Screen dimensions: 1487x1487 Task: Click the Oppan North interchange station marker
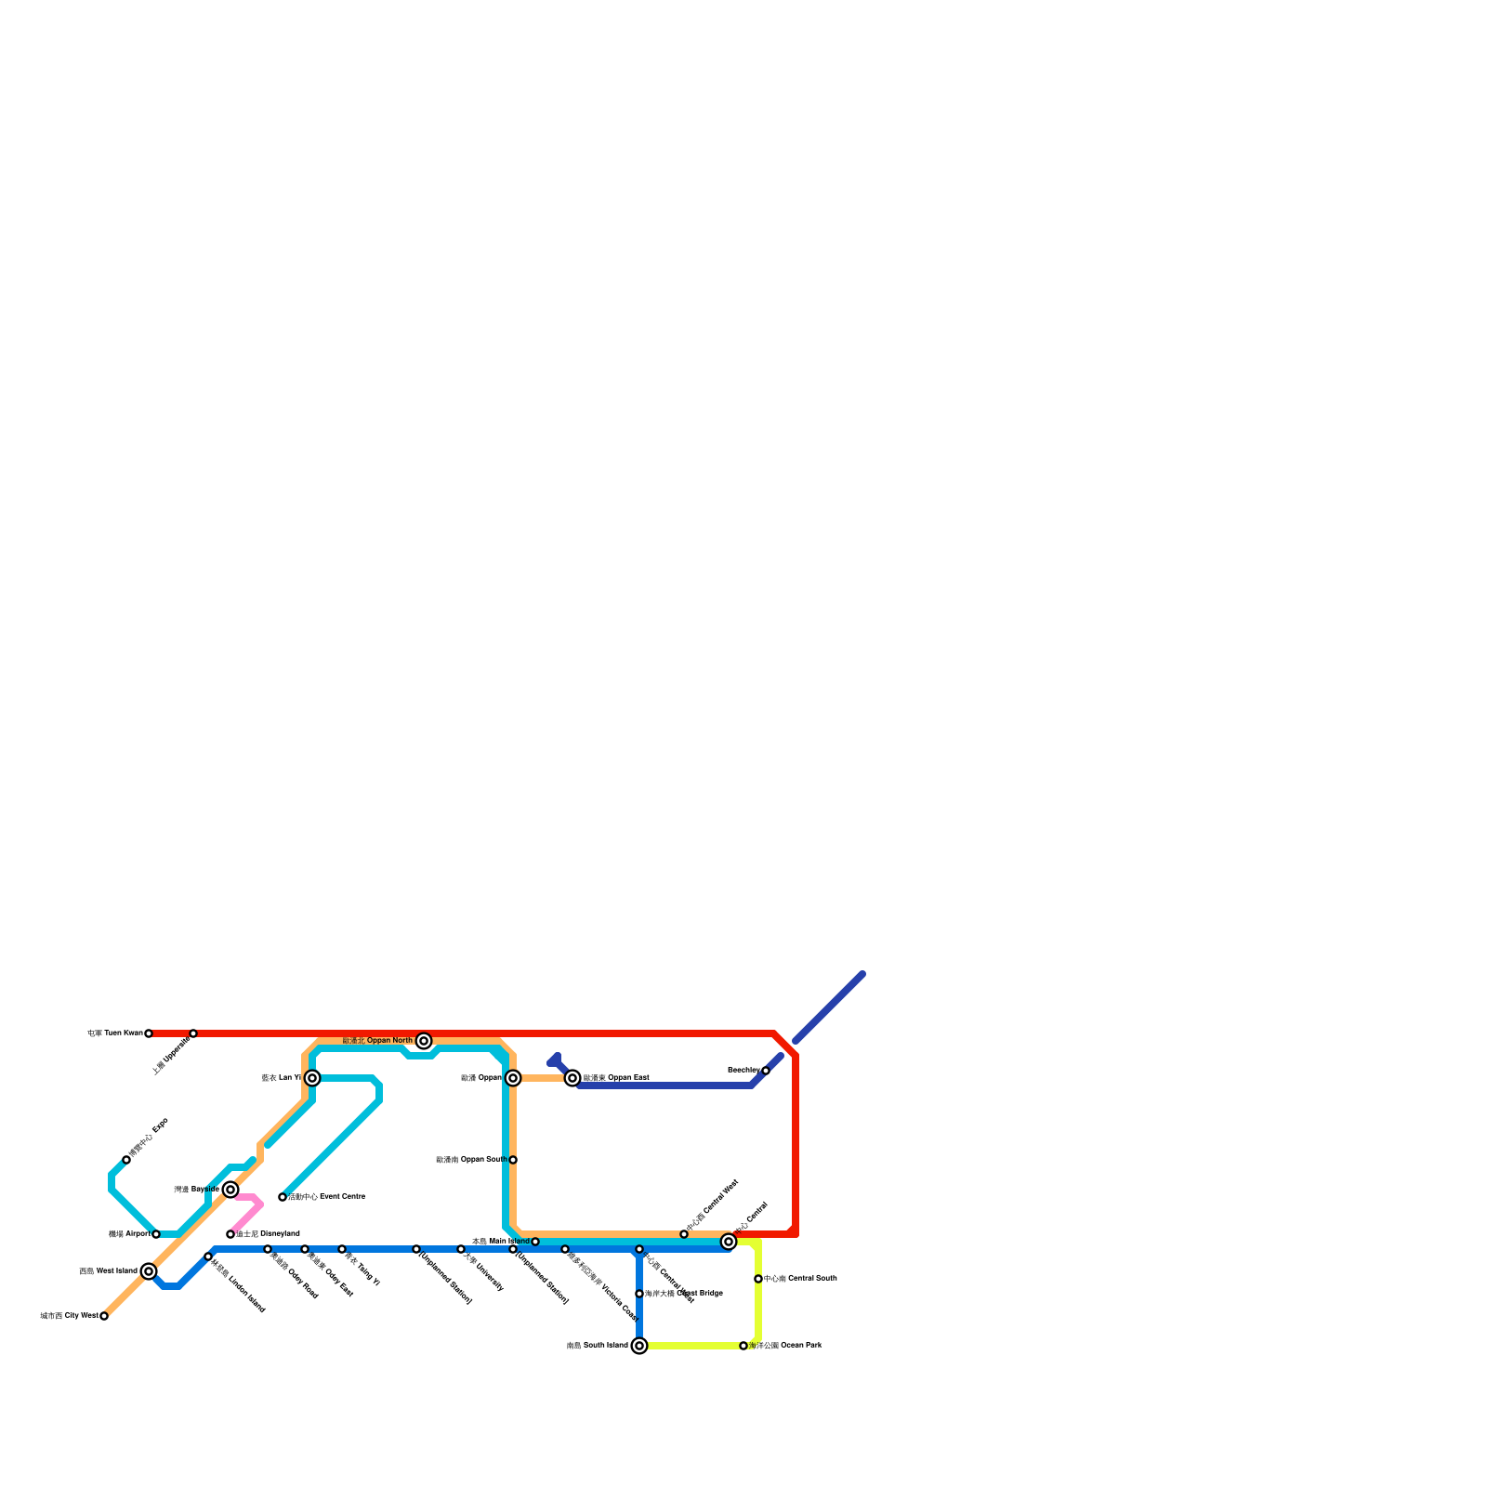[424, 1041]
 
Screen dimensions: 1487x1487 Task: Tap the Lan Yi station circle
[312, 1078]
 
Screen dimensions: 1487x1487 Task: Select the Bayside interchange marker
[230, 1190]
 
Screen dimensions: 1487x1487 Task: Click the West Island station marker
[149, 1271]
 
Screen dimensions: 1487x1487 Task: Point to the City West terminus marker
[104, 1316]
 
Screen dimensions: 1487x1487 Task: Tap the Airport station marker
[156, 1234]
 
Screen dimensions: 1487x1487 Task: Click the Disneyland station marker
[230, 1234]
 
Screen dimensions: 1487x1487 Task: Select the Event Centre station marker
[283, 1197]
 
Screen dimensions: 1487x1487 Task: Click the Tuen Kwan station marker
[149, 1033]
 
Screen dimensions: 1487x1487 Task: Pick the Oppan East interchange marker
[572, 1078]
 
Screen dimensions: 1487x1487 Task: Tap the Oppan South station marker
[513, 1160]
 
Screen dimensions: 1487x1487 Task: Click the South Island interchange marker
[639, 1346]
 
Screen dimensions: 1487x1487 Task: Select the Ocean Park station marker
[743, 1346]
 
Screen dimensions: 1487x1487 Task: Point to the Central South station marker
[758, 1279]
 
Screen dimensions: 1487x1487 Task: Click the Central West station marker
[684, 1234]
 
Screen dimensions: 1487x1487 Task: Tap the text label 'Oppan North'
[377, 1041]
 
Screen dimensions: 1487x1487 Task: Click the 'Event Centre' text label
[326, 1197]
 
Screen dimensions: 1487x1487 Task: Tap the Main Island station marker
[535, 1242]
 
